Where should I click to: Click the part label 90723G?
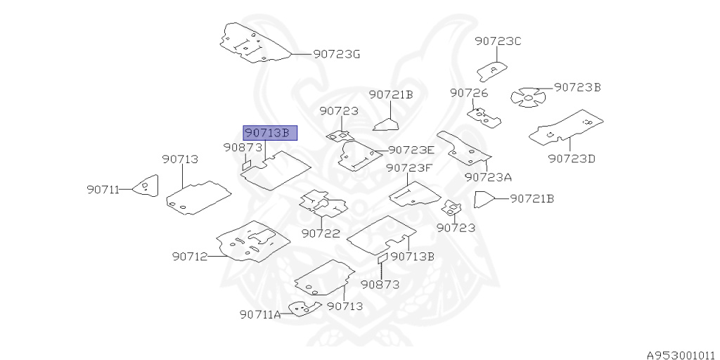click(x=336, y=53)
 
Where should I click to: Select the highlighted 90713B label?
click(x=270, y=133)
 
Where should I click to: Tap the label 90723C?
click(x=498, y=41)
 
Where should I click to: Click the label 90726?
click(x=469, y=93)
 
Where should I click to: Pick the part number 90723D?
click(x=572, y=158)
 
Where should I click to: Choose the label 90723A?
click(x=488, y=176)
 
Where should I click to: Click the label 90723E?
click(x=411, y=150)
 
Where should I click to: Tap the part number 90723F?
click(x=409, y=168)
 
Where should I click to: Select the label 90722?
click(x=321, y=233)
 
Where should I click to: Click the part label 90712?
click(x=189, y=257)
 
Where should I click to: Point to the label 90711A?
click(x=259, y=314)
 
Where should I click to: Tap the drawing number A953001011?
click(x=681, y=355)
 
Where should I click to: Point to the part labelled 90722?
click(x=323, y=202)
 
